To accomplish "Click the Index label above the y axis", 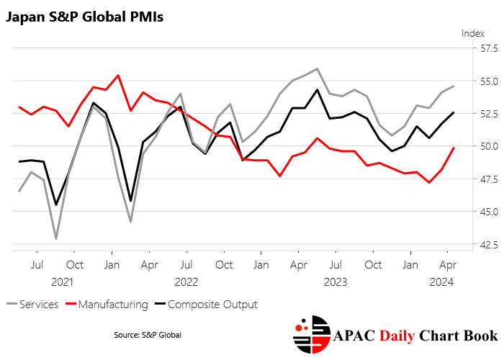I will click(473, 33).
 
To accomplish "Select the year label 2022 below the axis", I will click(186, 282).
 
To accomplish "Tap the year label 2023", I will click(336, 282).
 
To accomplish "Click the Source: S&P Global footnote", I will click(148, 335).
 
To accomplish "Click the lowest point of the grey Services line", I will click(56, 238).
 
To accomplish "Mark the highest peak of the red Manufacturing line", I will click(118, 75).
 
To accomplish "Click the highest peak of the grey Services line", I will click(317, 68).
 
